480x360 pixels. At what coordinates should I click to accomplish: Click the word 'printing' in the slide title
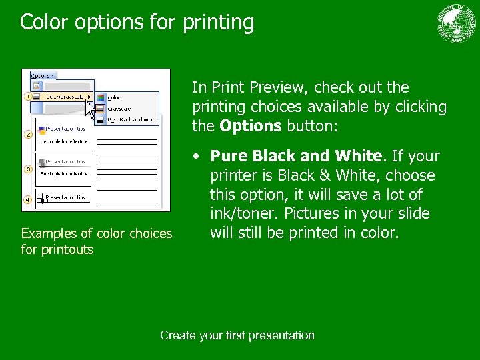216,23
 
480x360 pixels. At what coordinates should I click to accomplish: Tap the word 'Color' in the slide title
44,23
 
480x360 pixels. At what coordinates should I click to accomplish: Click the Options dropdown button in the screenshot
43,75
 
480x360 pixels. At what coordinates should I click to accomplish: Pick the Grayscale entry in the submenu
120,108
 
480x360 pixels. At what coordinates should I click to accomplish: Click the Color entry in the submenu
114,97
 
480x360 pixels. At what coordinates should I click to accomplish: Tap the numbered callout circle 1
28,97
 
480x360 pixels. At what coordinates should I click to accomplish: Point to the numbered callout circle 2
28,135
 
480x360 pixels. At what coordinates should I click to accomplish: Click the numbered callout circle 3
28,169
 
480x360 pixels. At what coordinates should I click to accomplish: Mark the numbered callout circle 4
28,199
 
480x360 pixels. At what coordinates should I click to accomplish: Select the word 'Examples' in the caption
49,233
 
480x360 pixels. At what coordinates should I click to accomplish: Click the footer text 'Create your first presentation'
237,335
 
